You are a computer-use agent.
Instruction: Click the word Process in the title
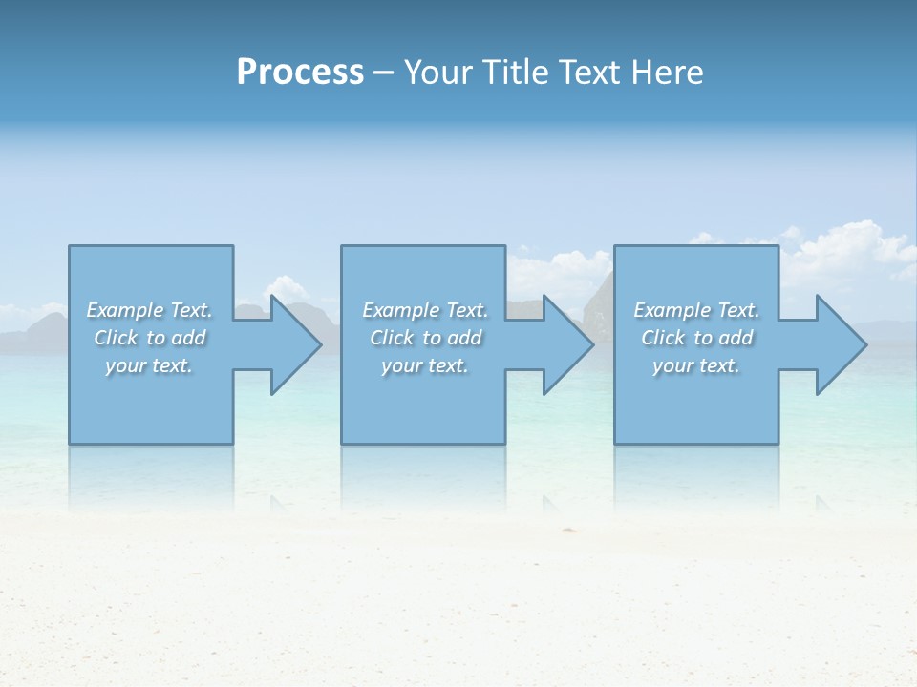[x=300, y=73]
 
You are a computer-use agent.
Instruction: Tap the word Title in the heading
[x=513, y=73]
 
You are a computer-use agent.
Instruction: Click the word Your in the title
[x=438, y=73]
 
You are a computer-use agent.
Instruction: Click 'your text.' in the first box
[x=149, y=365]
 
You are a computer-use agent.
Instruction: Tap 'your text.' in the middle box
[x=425, y=365]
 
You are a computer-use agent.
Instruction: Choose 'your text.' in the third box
[x=696, y=365]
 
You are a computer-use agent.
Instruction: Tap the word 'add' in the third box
[x=736, y=338]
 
